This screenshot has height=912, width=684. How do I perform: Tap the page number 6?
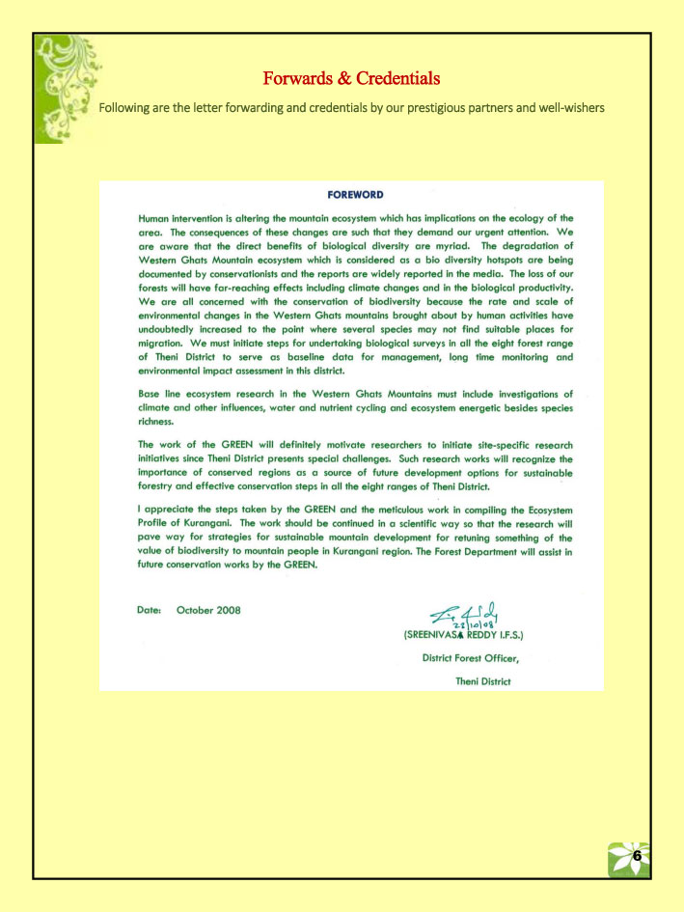(x=637, y=855)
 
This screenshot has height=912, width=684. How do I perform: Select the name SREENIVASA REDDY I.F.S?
(x=471, y=637)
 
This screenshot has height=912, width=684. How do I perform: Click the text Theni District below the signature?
(x=482, y=680)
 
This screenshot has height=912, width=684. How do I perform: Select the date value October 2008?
(x=208, y=610)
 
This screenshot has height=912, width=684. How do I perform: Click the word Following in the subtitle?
(x=126, y=107)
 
